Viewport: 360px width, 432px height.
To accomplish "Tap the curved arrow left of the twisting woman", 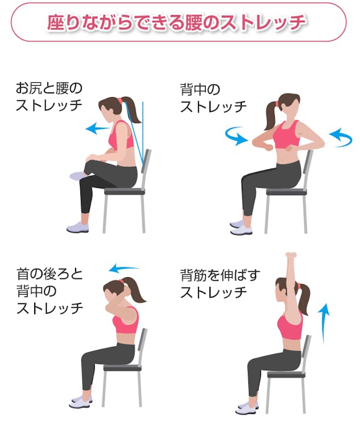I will click(235, 136).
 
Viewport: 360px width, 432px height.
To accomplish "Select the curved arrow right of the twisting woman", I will click(341, 136).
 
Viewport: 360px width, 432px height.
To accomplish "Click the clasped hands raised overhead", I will click(292, 257).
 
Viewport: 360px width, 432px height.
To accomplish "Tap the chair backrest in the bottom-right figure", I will click(307, 351).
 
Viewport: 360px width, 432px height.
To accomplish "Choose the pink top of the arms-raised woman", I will click(290, 327).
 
